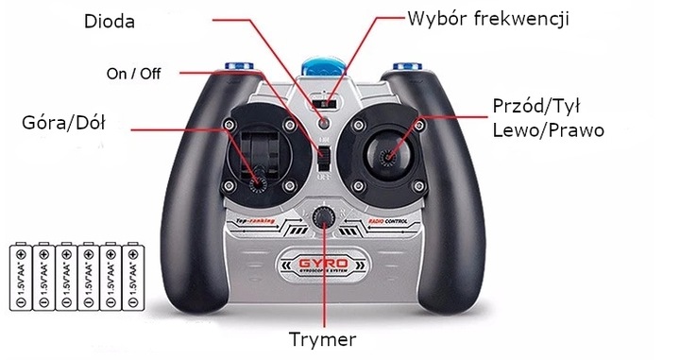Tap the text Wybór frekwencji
point(488,17)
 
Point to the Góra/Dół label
point(61,124)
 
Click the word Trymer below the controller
point(322,337)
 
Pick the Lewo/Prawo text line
point(548,129)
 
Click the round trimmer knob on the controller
point(325,217)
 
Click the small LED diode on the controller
point(323,122)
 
